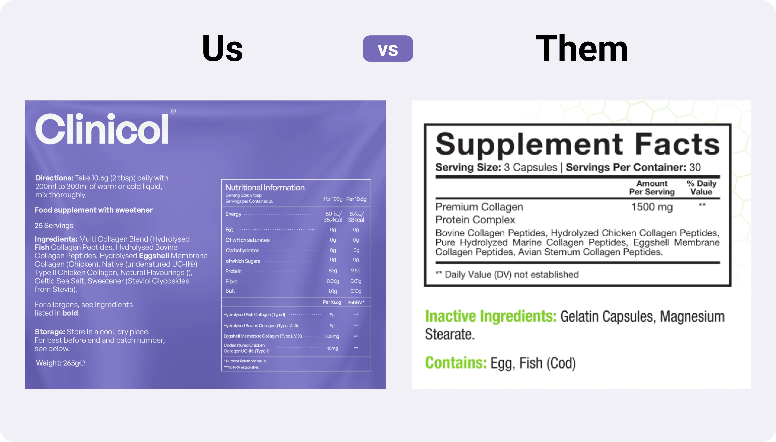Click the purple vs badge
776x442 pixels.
tap(388, 49)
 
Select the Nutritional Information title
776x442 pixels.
tap(265, 187)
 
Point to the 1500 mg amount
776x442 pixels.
tap(652, 207)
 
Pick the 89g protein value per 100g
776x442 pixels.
tap(333, 270)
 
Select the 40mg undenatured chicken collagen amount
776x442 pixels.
tap(332, 348)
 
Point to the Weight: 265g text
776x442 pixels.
tap(60, 363)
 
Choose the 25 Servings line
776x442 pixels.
tap(54, 226)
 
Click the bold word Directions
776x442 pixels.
tap(54, 178)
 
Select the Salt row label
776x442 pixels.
tap(230, 291)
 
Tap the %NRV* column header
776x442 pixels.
tap(356, 302)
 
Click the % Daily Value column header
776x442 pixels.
tap(701, 188)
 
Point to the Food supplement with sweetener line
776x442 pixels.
tap(94, 210)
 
